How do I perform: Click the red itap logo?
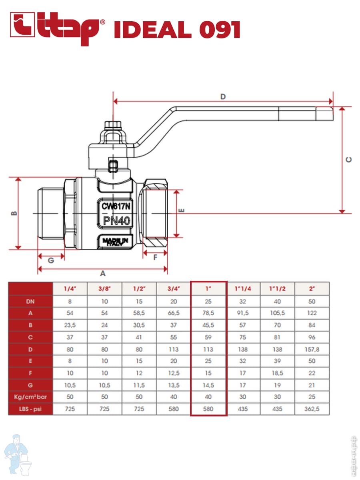pos(57,28)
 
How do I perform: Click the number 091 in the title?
pos(220,30)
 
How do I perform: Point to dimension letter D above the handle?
pos(223,97)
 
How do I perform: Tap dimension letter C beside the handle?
pos(349,160)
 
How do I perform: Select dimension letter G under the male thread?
pos(51,260)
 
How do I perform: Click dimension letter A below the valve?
pos(103,273)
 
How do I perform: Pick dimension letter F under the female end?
pos(155,258)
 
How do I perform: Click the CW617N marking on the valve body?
pos(116,206)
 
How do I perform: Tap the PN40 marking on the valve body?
pos(117,221)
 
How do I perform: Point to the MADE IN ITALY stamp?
pos(115,242)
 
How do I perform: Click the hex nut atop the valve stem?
pos(113,125)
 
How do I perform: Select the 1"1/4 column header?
pos(243,289)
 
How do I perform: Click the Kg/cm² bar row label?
pos(30,397)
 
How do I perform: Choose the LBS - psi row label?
pos(30,409)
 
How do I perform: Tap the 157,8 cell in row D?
pos(312,349)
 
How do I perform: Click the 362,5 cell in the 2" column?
pos(312,409)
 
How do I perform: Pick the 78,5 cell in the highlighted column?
pos(208,313)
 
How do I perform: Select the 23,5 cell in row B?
pos(70,325)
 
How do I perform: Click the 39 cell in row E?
pos(277,361)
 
